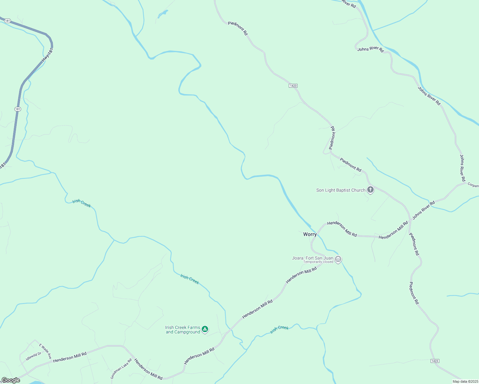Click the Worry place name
coord(310,234)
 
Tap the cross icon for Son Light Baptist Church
coord(370,190)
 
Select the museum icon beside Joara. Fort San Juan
coord(338,259)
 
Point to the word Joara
coord(298,258)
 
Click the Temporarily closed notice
coord(318,262)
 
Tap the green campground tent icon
coord(205,329)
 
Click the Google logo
coord(11,380)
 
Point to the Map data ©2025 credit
coord(465,381)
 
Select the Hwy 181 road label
coord(47,55)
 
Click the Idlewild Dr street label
coord(34,356)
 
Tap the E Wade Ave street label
coord(45,351)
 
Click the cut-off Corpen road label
coord(473,185)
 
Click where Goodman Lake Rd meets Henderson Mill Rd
coord(133,358)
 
